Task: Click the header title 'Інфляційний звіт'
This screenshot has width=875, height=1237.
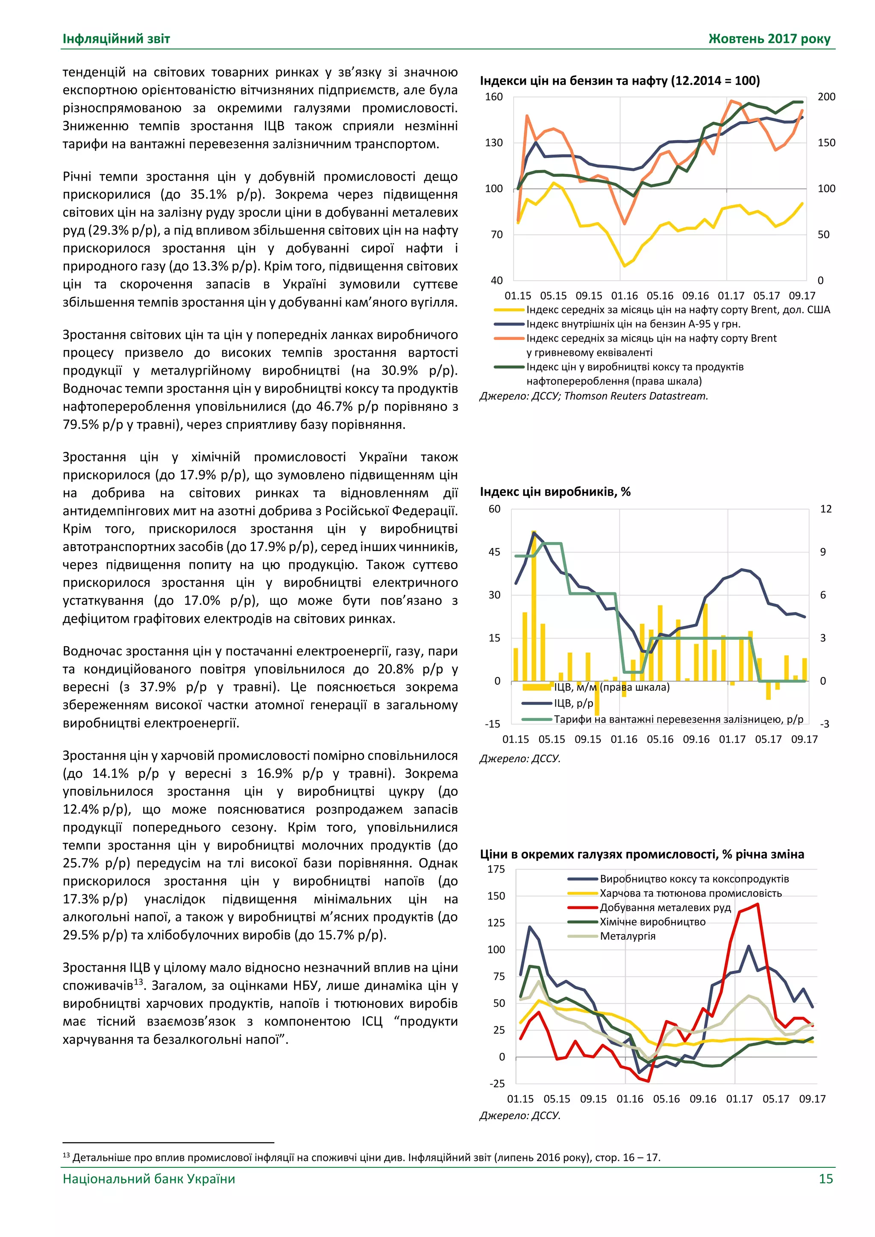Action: point(116,39)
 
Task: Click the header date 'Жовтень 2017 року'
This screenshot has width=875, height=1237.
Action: point(769,39)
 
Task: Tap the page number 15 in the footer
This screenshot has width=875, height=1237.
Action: point(825,1179)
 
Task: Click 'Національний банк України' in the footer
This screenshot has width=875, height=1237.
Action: point(149,1179)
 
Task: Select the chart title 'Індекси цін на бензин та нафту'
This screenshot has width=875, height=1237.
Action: point(620,81)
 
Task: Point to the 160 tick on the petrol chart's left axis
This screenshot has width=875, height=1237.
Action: point(493,97)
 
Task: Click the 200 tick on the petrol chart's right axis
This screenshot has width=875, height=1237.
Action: point(826,97)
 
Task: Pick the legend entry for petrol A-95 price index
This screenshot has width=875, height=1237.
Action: point(633,324)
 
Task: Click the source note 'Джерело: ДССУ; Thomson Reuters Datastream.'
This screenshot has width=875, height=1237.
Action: point(593,396)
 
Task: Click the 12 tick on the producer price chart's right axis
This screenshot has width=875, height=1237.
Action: point(825,509)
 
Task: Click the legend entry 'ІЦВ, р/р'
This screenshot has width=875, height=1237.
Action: point(573,703)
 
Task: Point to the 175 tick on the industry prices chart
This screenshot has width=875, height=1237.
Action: point(496,869)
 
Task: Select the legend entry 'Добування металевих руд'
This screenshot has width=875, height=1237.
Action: point(665,907)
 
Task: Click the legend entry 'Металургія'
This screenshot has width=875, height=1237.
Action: point(628,936)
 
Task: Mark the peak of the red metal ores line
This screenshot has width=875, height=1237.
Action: point(758,904)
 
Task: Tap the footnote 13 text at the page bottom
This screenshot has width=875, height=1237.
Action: point(361,1157)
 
